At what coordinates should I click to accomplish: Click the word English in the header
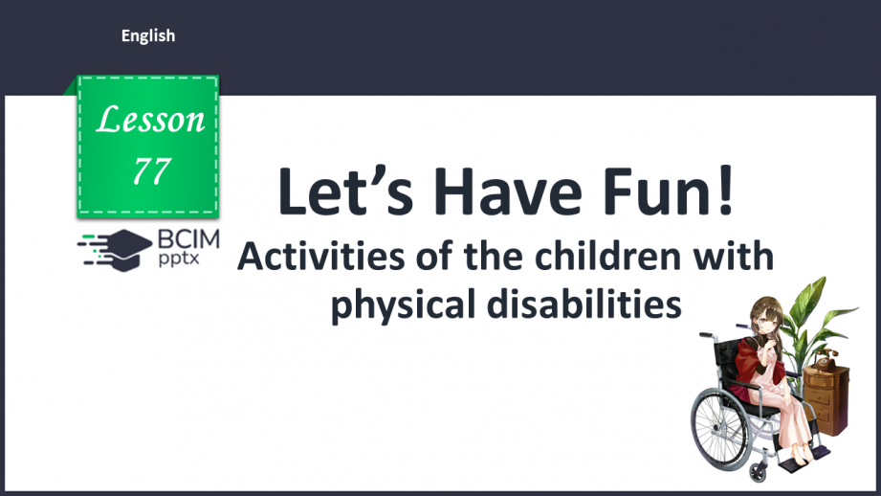click(148, 36)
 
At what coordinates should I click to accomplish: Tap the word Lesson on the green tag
click(150, 120)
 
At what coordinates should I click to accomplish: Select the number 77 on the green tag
click(152, 171)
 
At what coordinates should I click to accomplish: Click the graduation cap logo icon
click(115, 250)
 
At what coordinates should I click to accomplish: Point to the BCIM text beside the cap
click(188, 239)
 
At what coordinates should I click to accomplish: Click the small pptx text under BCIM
click(179, 259)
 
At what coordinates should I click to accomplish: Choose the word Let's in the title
click(345, 191)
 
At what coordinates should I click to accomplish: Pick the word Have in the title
click(508, 192)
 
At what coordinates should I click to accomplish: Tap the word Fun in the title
click(653, 192)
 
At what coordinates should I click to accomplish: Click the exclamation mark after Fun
click(726, 191)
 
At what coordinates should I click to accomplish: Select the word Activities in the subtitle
click(320, 257)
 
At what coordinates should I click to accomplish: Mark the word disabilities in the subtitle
click(584, 304)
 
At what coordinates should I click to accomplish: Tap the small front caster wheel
click(759, 471)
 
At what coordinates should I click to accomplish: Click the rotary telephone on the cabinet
click(826, 359)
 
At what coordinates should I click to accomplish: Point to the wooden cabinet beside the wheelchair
click(826, 399)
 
